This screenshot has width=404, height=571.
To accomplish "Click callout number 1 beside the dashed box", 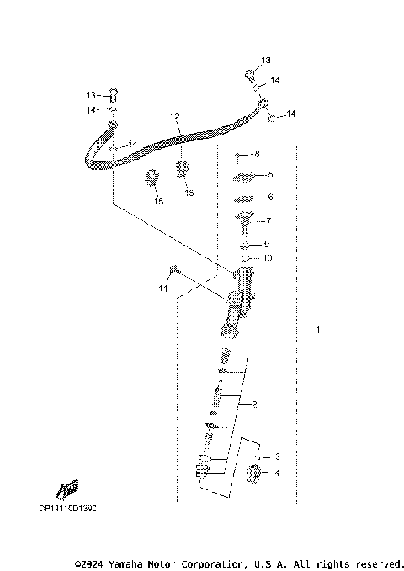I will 317,330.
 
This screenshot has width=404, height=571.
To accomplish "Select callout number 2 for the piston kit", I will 254,404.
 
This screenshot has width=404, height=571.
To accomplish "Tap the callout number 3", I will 277,457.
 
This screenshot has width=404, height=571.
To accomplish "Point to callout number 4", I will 277,473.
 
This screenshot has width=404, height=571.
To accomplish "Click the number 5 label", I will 270,175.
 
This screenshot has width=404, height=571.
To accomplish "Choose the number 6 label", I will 270,198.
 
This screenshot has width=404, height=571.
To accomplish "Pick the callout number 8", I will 258,156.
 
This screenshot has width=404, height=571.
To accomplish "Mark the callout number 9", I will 267,244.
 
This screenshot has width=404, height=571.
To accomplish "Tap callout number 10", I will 268,258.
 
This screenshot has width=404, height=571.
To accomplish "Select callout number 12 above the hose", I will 176,115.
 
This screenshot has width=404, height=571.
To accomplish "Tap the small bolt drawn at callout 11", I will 173,270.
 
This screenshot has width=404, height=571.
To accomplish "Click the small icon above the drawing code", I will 67,489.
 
